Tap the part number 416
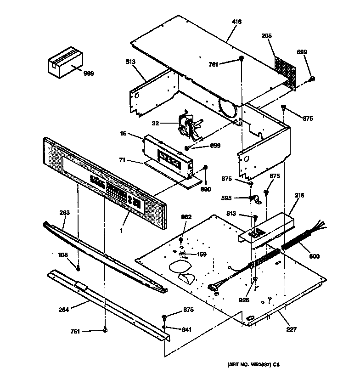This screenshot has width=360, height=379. tap(237, 22)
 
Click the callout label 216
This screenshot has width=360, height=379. tap(299, 196)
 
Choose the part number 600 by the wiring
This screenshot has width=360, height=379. tap(314, 256)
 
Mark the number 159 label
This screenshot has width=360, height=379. tap(201, 255)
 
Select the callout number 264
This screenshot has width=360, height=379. tap(64, 310)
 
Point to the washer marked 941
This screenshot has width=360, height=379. tap(164, 328)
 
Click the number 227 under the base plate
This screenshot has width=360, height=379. tap(292, 329)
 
